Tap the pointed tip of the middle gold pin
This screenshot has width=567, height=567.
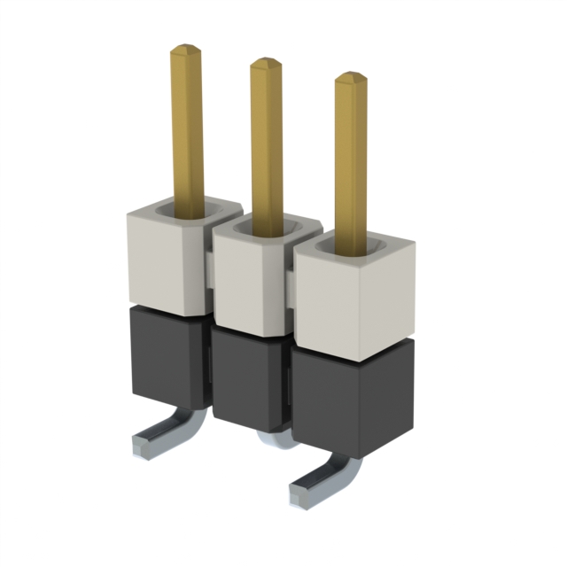click(x=266, y=65)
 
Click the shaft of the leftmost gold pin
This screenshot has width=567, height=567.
click(x=187, y=133)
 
